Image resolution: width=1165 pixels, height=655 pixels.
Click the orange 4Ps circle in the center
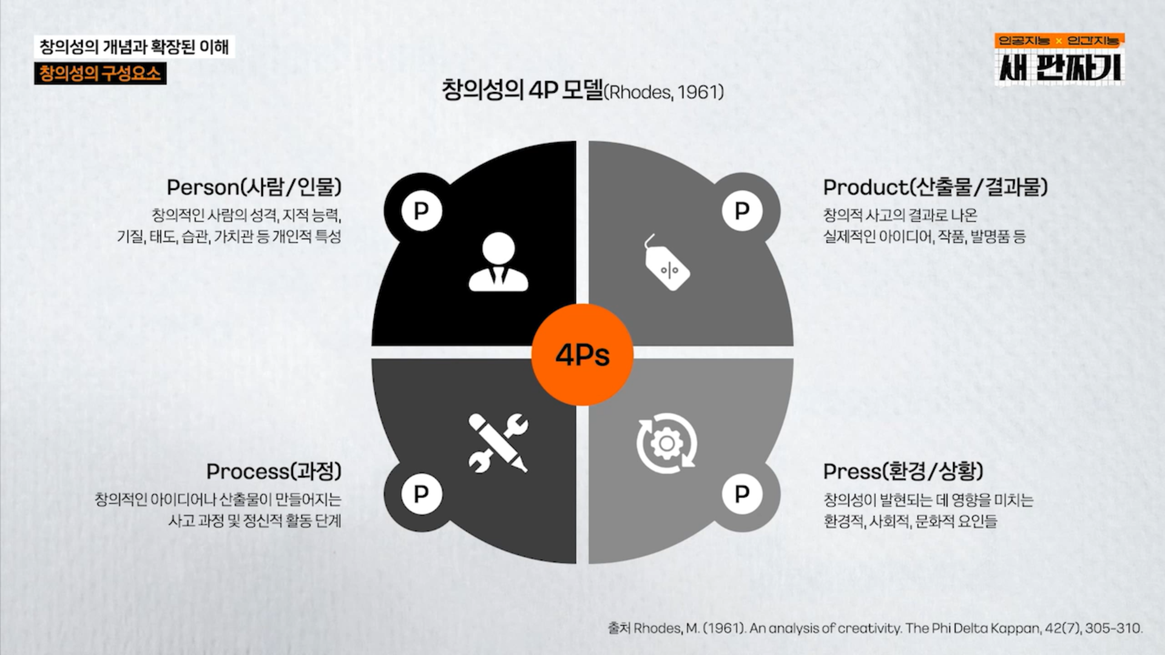pyautogui.click(x=582, y=355)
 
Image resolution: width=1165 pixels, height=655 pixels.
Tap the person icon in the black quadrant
pyautogui.click(x=499, y=262)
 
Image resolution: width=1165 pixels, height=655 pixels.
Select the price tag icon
pyautogui.click(x=666, y=263)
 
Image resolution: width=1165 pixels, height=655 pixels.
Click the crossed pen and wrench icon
pyautogui.click(x=498, y=443)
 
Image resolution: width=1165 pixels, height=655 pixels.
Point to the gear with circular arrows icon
pyautogui.click(x=667, y=443)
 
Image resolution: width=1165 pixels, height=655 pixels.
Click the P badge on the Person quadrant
pyautogui.click(x=422, y=211)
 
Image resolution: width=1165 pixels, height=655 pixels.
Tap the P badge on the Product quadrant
pyautogui.click(x=742, y=211)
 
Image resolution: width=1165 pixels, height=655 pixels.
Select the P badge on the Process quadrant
pyautogui.click(x=422, y=494)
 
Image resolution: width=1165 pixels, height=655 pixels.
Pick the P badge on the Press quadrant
pyautogui.click(x=742, y=494)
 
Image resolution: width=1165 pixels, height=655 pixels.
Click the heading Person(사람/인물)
pyautogui.click(x=254, y=187)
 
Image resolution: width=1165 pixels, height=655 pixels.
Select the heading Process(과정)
pyautogui.click(x=274, y=471)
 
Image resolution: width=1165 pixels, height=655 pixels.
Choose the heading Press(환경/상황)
pyautogui.click(x=903, y=471)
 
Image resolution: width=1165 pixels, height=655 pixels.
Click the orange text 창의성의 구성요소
pyautogui.click(x=100, y=73)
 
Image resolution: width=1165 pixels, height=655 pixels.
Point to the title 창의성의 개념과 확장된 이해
pyautogui.click(x=134, y=47)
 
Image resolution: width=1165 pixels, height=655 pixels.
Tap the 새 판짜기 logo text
pyautogui.click(x=1059, y=66)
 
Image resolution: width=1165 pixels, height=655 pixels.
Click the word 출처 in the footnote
pyautogui.click(x=619, y=628)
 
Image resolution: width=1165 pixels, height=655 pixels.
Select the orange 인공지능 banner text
pyautogui.click(x=1024, y=41)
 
